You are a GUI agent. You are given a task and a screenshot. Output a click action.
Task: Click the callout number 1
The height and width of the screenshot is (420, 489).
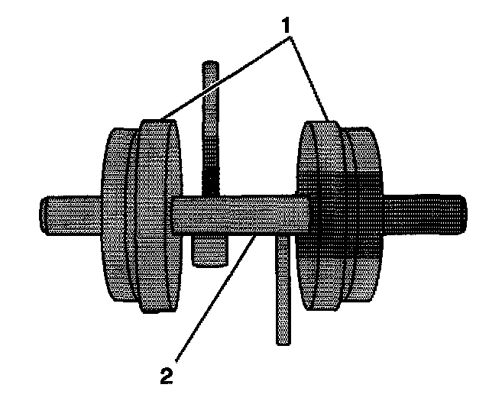[287, 26]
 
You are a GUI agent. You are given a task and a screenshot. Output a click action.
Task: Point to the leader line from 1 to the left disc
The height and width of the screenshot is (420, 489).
[222, 77]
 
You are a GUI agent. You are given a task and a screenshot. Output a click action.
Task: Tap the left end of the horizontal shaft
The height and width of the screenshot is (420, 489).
[47, 215]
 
